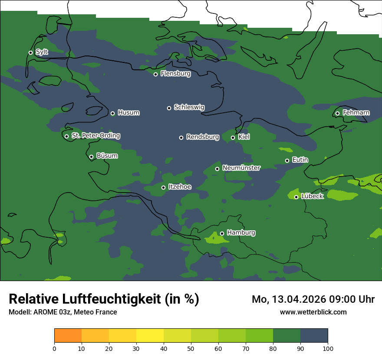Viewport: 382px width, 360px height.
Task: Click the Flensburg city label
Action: point(175,74)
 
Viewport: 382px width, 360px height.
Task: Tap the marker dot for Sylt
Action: point(30,52)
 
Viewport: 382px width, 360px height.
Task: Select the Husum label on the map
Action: point(128,113)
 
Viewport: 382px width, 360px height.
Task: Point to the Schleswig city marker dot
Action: point(169,108)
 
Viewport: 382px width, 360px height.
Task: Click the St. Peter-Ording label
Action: point(95,136)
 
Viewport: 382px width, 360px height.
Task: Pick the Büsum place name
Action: point(107,156)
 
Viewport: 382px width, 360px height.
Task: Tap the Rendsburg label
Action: point(202,137)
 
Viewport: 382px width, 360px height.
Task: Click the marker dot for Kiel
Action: point(233,137)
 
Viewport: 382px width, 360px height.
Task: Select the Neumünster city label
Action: point(241,168)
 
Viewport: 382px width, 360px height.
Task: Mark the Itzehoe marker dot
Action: point(163,187)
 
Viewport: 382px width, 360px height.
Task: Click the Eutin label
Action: point(300,160)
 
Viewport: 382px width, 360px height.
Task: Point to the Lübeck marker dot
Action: point(296,197)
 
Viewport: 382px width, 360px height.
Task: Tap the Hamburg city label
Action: point(241,233)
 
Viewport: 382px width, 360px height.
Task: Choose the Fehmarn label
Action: point(356,113)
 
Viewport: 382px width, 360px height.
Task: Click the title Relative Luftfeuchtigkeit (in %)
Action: point(104,299)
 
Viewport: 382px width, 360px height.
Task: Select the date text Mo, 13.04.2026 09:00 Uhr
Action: point(313,299)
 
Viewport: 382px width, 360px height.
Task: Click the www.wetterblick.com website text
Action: point(313,312)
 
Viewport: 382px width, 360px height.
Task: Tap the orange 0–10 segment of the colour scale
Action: point(68,336)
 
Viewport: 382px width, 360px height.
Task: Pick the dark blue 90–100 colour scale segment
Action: point(314,336)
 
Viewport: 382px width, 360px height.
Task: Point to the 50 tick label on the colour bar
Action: point(191,348)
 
